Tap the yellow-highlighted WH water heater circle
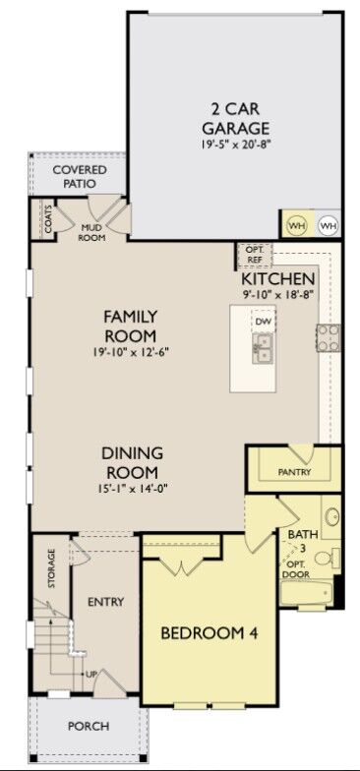[x=296, y=225]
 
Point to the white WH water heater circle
[x=328, y=225]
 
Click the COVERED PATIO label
[x=81, y=176]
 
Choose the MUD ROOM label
[x=91, y=232]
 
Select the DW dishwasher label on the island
[x=263, y=322]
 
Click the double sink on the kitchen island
[x=263, y=347]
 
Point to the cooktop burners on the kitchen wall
[x=328, y=337]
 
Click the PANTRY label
[x=294, y=472]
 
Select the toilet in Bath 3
[x=333, y=557]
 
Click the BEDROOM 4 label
[x=210, y=633]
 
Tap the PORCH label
[x=89, y=726]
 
